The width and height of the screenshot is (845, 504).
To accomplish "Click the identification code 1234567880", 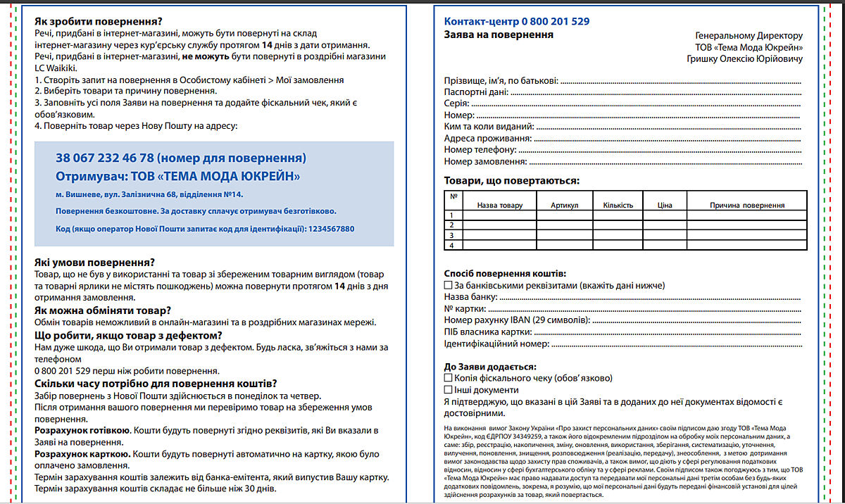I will pos(331,229).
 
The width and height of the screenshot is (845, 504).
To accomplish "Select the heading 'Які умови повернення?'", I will pos(94,262).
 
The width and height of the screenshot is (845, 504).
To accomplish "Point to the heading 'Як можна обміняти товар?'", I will pos(102,310).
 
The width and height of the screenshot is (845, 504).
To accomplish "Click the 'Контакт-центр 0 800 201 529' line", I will pos(517,21).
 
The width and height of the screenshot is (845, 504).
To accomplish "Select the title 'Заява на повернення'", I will pos(499,34).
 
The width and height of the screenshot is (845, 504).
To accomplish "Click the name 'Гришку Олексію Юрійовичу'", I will pos(744,58).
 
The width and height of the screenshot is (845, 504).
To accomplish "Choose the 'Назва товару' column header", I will pos(500,206).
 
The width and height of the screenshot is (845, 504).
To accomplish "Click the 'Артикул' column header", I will pos(564,206).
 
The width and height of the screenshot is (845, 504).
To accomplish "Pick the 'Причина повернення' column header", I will pos(747,206).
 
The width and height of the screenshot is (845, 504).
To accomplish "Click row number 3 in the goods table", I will pos(452,235).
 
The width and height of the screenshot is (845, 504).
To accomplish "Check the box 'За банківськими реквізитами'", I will pos(449,286).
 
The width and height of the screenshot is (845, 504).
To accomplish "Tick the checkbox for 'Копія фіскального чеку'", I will pos(449,378).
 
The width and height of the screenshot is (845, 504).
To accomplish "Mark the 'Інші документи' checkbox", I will pos(449,389).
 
